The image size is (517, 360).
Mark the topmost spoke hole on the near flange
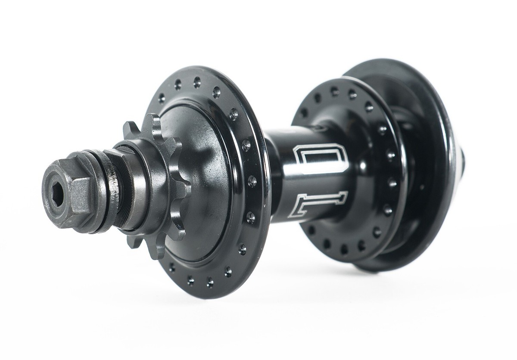[197, 80]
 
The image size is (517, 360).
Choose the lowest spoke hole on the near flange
[210, 282]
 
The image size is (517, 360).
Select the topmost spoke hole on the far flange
[334, 90]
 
